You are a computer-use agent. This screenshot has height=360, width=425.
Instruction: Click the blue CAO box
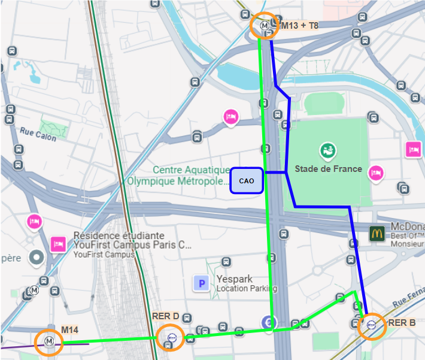click(247, 180)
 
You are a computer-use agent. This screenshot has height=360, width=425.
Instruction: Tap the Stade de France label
click(328, 169)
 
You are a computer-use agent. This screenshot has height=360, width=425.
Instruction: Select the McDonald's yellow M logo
click(376, 233)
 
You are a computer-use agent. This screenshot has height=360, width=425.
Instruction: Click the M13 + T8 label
click(300, 25)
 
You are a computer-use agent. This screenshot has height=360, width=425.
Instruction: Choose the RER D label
click(166, 316)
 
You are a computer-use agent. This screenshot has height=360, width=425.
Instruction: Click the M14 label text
click(70, 329)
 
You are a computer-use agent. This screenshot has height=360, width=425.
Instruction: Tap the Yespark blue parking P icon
click(201, 283)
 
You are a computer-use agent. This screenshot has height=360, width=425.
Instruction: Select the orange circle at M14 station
click(48, 342)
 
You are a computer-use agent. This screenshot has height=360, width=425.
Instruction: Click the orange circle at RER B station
click(371, 326)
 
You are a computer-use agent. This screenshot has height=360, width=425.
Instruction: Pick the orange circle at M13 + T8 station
click(265, 26)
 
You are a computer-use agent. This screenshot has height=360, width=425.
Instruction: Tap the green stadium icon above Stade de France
click(327, 150)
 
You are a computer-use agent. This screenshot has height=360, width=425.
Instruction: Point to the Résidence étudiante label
click(119, 235)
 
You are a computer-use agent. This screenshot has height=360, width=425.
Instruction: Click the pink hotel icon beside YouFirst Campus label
click(58, 244)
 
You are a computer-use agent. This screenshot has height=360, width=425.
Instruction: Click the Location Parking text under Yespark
click(247, 289)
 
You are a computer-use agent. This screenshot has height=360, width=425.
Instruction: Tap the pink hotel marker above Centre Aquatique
click(230, 116)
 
